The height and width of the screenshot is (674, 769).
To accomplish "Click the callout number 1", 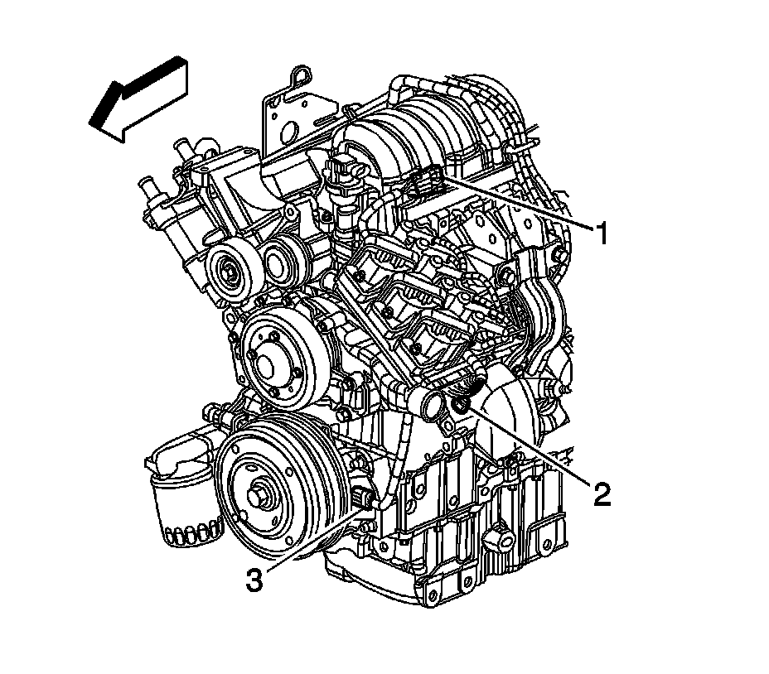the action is pos(602,233).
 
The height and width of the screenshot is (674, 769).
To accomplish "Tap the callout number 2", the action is pos(602,493).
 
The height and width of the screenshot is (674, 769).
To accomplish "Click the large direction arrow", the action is pos(138,99).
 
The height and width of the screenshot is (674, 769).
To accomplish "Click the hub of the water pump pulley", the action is pos(265,362).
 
